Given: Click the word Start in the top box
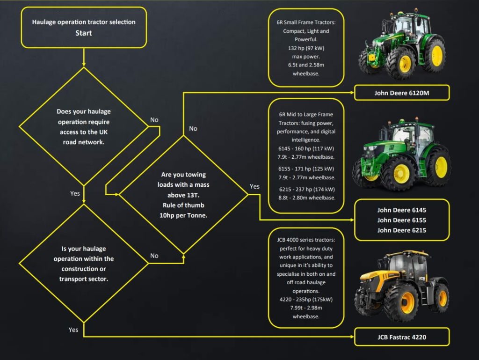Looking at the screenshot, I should (x=84, y=33).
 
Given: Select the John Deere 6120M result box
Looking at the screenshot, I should (x=401, y=93).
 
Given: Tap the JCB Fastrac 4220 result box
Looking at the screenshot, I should (x=401, y=337).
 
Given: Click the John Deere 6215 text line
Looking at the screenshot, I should (x=401, y=230).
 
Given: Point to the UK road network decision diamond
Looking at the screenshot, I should (x=83, y=126).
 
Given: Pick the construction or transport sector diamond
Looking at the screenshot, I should (x=83, y=264).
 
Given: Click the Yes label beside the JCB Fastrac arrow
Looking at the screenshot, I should (x=73, y=330).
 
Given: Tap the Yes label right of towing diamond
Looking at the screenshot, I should (x=254, y=186).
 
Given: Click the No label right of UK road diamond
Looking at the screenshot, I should (x=154, y=120).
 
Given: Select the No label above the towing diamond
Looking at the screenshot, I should (x=193, y=128).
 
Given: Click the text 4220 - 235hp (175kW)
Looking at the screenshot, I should (x=306, y=299).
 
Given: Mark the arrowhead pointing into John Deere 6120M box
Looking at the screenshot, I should (x=351, y=93).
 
